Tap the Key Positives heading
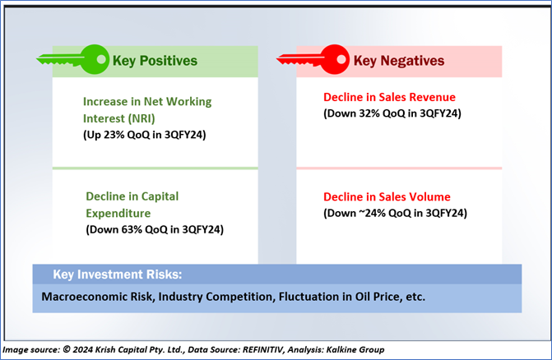point(155,61)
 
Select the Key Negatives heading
point(399,61)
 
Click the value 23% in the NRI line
point(114,135)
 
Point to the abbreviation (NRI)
point(141,119)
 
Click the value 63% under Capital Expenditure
point(132,229)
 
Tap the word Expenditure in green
point(118,214)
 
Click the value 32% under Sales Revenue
point(369,113)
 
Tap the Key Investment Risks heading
point(118,275)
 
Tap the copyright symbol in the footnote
point(67,349)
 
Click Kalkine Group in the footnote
point(355,350)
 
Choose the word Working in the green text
point(188,102)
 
